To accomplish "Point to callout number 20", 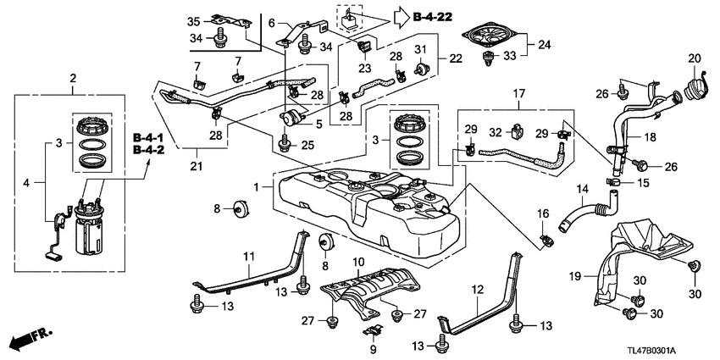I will click(695, 58).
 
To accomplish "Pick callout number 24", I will click(544, 45).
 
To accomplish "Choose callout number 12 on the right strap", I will click(479, 288).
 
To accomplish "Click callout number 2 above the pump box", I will click(73, 79).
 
